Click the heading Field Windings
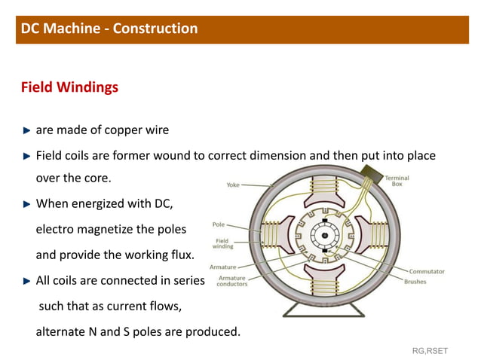(x=69, y=87)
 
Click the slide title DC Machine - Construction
(x=109, y=29)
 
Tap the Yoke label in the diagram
(x=235, y=183)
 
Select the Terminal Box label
(x=397, y=182)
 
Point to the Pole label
(x=219, y=224)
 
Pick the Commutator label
(x=427, y=271)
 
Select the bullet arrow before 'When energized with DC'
(x=27, y=203)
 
